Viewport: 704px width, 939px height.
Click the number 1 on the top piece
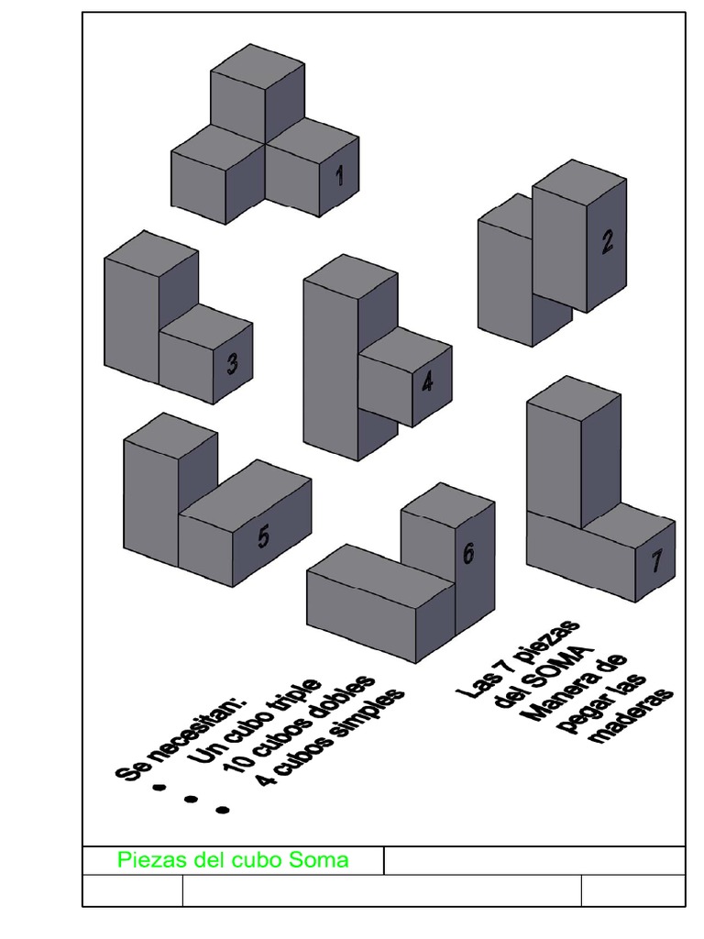coord(339,174)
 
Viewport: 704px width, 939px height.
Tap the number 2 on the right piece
coord(607,241)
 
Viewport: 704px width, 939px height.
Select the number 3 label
coord(233,364)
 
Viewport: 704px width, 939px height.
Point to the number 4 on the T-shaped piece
coord(427,381)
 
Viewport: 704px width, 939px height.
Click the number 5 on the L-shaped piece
coord(264,536)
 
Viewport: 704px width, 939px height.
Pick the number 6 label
coord(468,554)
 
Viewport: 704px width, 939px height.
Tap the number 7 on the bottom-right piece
coord(656,560)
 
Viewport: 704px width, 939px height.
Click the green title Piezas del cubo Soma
coord(233,860)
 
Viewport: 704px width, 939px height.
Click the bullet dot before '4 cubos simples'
coord(223,810)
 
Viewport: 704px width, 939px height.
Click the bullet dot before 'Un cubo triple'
coord(159,787)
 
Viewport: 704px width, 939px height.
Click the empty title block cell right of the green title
coord(533,860)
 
